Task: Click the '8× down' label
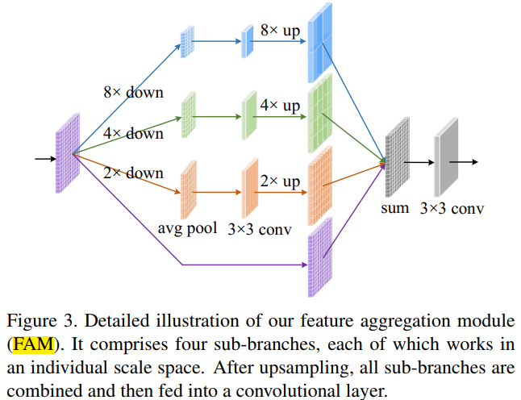(132, 92)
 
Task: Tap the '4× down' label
(132, 133)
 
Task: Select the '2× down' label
(132, 173)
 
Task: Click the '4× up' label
(279, 106)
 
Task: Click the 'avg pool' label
(187, 227)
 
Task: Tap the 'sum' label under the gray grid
(395, 208)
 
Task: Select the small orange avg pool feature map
(189, 190)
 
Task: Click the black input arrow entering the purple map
(44, 158)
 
